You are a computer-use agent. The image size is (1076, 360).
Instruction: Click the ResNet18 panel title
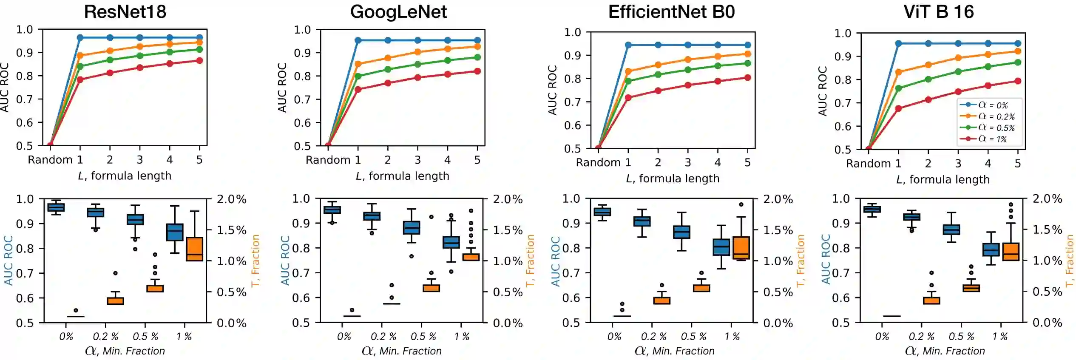pyautogui.click(x=125, y=12)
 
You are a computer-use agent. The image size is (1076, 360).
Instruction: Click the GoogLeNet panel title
pyautogui.click(x=398, y=12)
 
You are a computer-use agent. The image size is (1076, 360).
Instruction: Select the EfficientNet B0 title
pyautogui.click(x=671, y=12)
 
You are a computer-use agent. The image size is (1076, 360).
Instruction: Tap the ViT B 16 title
pyautogui.click(x=939, y=12)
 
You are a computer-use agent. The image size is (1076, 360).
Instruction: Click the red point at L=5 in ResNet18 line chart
pyautogui.click(x=199, y=60)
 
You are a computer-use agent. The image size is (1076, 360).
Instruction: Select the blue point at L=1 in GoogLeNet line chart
pyautogui.click(x=358, y=40)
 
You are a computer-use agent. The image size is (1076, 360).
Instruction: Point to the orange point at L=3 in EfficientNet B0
pyautogui.click(x=688, y=60)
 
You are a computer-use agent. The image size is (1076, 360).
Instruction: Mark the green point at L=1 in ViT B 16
pyautogui.click(x=898, y=88)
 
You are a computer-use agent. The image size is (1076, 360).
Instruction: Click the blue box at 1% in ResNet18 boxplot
pyautogui.click(x=175, y=232)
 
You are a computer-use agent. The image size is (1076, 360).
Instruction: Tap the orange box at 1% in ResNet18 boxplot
pyautogui.click(x=195, y=249)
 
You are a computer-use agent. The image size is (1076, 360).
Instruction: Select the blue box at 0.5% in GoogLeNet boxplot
pyautogui.click(x=411, y=228)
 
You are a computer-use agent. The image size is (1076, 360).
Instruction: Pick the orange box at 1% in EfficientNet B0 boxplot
pyautogui.click(x=741, y=248)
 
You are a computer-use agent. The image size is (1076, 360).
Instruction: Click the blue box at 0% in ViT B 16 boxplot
pyautogui.click(x=872, y=209)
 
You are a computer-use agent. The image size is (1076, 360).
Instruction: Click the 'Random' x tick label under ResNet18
pyautogui.click(x=50, y=160)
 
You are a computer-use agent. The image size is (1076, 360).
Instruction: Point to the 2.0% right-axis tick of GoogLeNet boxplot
pyautogui.click(x=508, y=199)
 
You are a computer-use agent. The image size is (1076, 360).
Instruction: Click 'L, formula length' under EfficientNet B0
pyautogui.click(x=673, y=179)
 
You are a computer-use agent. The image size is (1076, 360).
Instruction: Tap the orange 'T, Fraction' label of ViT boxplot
pyautogui.click(x=1069, y=261)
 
